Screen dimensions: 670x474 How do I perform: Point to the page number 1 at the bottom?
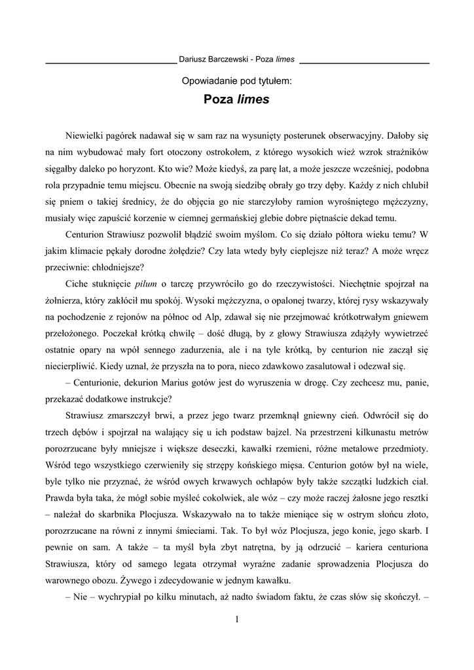[x=236, y=620]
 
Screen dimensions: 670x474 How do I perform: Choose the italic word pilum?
[x=146, y=283]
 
